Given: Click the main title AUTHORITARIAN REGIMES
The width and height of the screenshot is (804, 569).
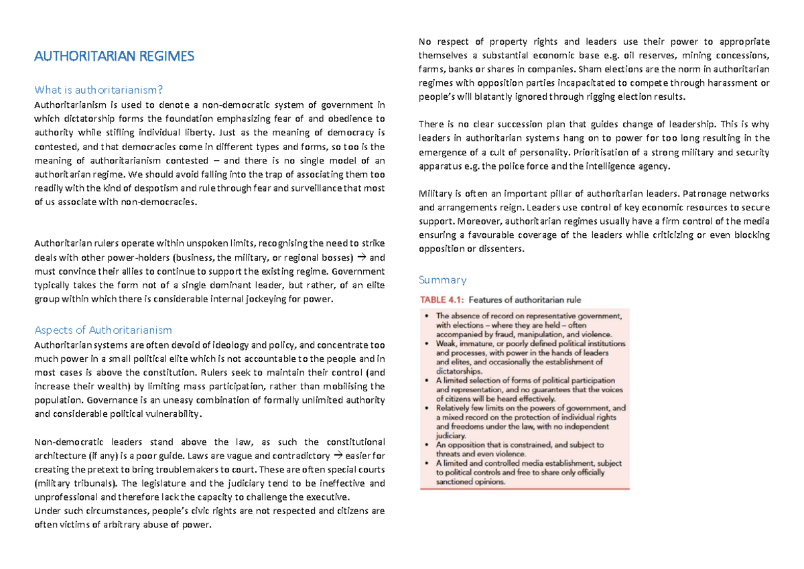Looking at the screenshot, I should pos(114,56).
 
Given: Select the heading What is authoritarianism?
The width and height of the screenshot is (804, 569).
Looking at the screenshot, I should pos(98,90).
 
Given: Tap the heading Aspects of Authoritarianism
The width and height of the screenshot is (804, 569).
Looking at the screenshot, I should pos(103,330).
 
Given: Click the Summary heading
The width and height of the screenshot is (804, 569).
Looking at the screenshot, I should pos(442,279).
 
